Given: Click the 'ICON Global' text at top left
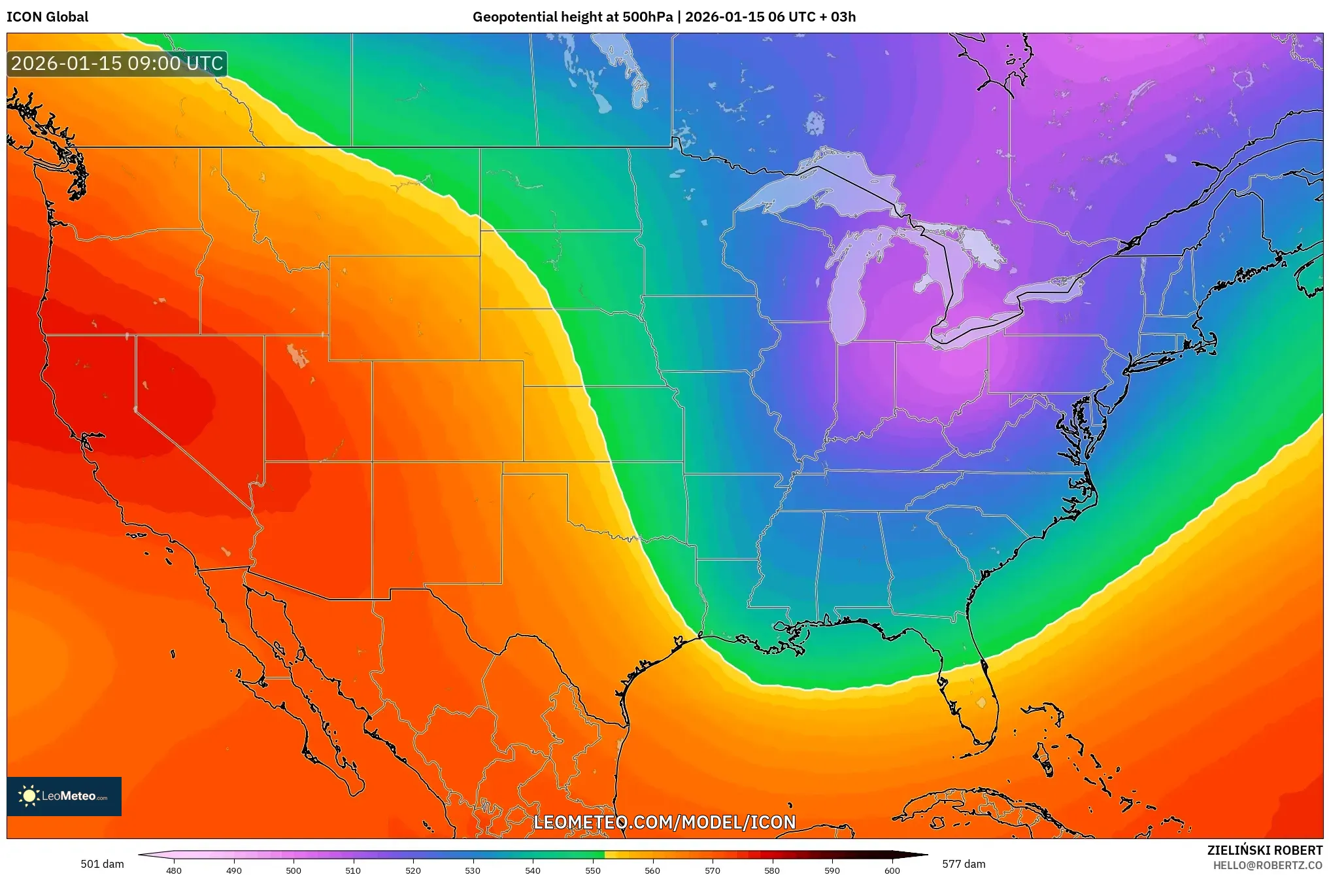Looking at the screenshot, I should click(47, 17).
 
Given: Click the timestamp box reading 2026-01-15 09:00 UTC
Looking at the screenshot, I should click(117, 63).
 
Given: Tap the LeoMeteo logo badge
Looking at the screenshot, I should click(64, 796).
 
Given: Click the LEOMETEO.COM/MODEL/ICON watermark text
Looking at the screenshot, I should click(664, 822).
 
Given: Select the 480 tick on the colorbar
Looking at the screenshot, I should click(174, 870).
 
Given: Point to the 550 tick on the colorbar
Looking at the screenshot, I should click(593, 870).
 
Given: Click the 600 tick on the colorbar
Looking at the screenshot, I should click(892, 870).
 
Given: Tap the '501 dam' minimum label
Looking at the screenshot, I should click(102, 864).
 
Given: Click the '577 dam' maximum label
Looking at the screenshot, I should click(964, 864).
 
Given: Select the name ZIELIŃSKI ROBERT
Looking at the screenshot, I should click(1264, 850).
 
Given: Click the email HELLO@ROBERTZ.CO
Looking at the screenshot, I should click(1268, 865).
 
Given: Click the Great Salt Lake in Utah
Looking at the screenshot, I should click(297, 355).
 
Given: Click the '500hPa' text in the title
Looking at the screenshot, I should click(647, 17).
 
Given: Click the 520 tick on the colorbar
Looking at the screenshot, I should click(413, 870).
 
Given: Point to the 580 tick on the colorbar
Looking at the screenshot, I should click(772, 870).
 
